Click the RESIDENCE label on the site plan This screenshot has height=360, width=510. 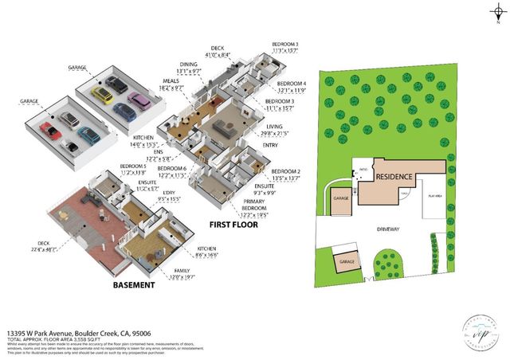[394, 176]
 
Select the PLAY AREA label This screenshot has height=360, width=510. [434, 195]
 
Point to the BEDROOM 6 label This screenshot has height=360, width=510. [171, 169]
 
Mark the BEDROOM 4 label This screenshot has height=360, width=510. [291, 84]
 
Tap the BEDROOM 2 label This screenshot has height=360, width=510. [284, 172]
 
